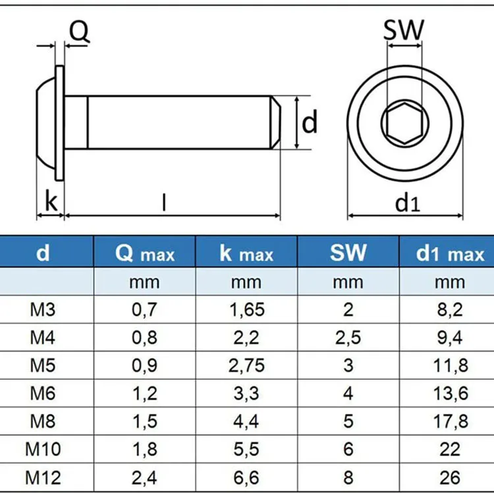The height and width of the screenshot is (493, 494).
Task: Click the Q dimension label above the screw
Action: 79,32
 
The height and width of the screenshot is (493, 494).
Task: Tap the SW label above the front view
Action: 403,30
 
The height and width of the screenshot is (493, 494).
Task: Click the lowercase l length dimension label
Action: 164,203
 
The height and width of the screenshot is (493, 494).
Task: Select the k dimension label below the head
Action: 50,203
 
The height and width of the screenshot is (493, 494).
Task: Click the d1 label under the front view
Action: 407,203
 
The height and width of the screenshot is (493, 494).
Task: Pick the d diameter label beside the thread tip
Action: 310,122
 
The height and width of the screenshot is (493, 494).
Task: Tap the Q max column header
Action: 145,253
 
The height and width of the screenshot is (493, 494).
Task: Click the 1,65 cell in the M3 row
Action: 246,310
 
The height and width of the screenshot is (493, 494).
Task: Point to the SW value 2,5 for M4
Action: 348,338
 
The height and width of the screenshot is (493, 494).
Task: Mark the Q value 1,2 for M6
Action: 145,394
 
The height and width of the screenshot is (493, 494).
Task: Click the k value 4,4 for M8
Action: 246,422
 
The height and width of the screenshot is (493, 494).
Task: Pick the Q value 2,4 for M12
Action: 145,477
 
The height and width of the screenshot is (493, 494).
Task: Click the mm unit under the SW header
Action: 348,282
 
